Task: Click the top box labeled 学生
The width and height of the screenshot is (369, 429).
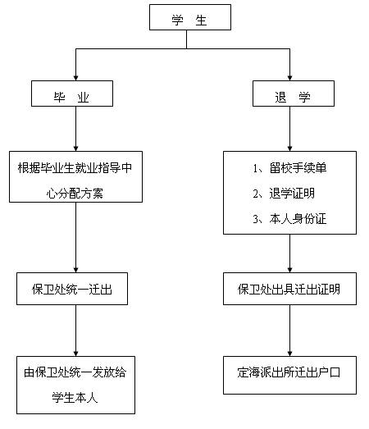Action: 190,17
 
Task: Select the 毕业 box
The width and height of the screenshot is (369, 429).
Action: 72,94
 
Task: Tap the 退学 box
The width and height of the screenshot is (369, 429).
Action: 294,94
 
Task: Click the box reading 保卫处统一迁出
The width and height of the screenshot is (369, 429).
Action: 72,289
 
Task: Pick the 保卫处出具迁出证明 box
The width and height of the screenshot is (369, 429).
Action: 289,289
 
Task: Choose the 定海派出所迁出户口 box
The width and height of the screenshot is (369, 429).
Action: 289,375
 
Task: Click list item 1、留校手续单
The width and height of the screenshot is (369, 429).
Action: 289,168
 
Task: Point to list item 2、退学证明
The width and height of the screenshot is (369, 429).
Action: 284,194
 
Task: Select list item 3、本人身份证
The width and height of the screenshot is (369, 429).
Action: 289,219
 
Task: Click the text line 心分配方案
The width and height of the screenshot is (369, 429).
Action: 75,194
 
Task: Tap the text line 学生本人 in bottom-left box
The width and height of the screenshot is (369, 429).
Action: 75,397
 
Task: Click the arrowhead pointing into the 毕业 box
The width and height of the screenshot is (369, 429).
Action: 76,78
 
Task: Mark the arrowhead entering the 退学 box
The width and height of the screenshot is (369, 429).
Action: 289,78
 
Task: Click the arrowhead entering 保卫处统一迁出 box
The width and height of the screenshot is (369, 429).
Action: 76,270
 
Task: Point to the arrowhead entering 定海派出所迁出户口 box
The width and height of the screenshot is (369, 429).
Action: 289,354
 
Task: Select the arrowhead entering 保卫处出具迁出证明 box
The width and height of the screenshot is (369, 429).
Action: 289,270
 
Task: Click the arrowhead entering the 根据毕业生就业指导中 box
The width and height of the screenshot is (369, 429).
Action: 76,148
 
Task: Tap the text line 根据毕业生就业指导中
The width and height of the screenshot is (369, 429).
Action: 75,168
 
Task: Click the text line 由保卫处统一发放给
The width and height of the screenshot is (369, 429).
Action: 75,372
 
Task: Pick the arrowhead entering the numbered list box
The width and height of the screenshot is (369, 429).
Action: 289,148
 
